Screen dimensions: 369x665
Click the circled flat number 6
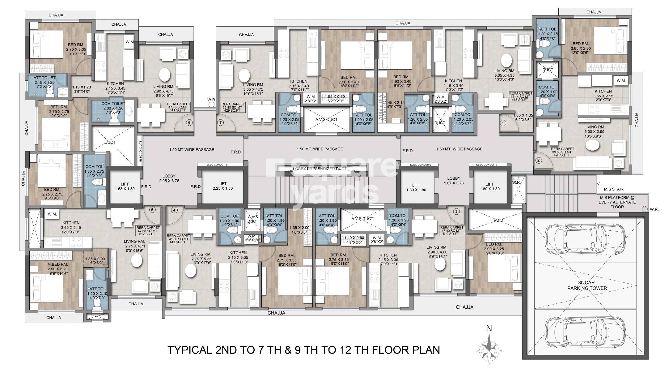pos(189,122)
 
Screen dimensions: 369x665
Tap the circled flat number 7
pos(220,123)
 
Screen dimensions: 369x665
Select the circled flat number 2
pos(538,160)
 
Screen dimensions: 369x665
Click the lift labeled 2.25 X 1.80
pos(222,186)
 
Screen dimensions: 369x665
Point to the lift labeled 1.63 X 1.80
pos(124,186)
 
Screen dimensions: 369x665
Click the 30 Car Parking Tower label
pos(587,285)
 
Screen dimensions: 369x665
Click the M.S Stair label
pos(614,189)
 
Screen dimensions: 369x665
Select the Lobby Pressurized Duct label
pos(320,169)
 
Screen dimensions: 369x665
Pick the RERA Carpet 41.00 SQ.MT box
pos(178,239)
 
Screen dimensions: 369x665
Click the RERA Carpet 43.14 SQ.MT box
pos(521,97)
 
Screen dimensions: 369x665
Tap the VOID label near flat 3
pos(498,220)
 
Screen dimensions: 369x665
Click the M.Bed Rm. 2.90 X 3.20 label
pos(53,266)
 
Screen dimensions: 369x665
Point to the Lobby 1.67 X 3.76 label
pos(454,181)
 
